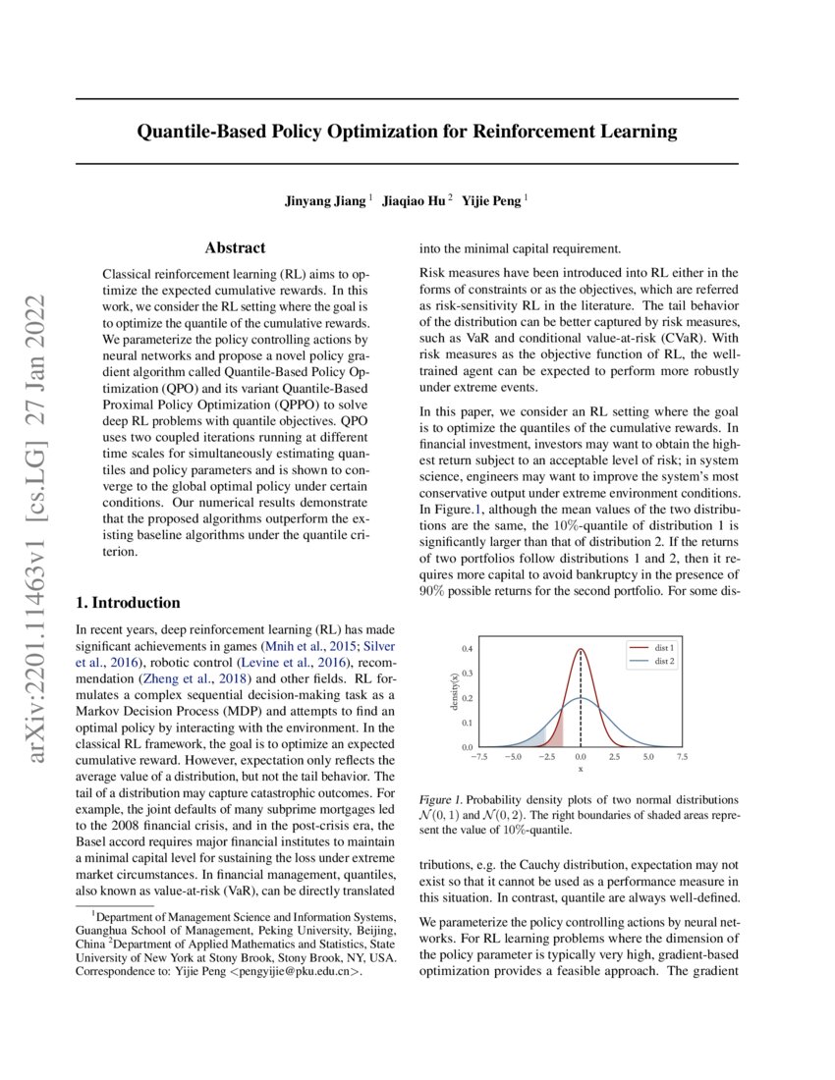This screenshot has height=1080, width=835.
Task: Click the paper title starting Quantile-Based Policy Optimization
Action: pyautogui.click(x=407, y=131)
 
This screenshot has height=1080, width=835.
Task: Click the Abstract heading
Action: pyautogui.click(x=235, y=249)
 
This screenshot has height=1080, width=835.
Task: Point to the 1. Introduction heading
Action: pyautogui.click(x=128, y=603)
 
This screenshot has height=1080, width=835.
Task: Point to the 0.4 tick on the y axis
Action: pyautogui.click(x=468, y=649)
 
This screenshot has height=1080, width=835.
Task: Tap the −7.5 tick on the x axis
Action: pyautogui.click(x=478, y=757)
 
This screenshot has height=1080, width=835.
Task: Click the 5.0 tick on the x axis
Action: pyautogui.click(x=648, y=757)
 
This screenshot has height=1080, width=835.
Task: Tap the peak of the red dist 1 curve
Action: pyautogui.click(x=581, y=649)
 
